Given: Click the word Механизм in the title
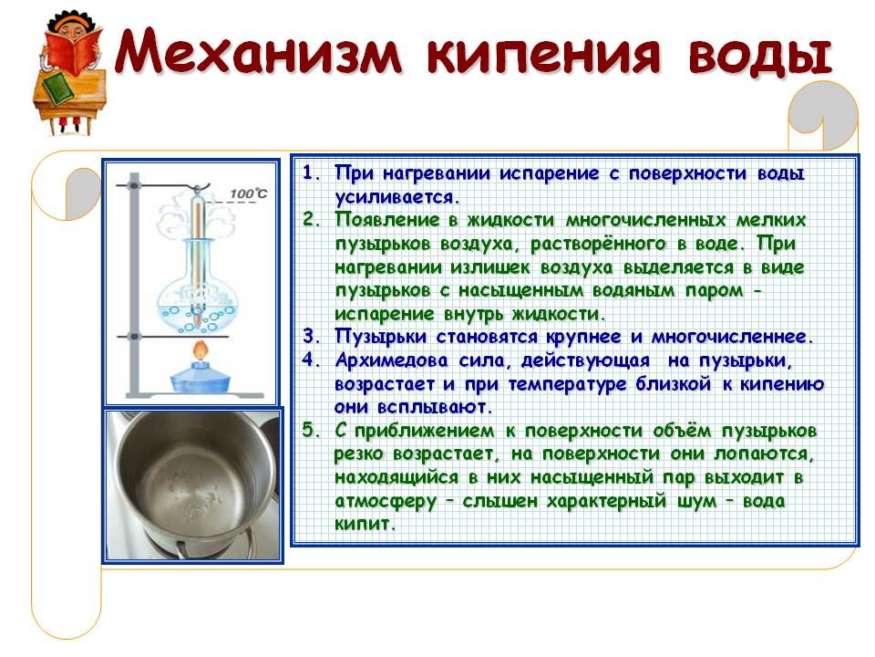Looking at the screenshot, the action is pyautogui.click(x=259, y=51).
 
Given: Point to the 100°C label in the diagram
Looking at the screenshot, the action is pyautogui.click(x=248, y=193).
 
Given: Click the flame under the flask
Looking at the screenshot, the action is pyautogui.click(x=201, y=350).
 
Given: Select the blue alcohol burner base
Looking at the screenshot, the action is pyautogui.click(x=200, y=378).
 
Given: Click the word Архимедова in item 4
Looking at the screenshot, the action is pyautogui.click(x=391, y=360).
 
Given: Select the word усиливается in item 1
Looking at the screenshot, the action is pyautogui.click(x=396, y=197).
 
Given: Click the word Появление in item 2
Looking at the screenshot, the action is pyautogui.click(x=387, y=220).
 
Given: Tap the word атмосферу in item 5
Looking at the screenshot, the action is pyautogui.click(x=386, y=501).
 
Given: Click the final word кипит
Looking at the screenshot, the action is pyautogui.click(x=365, y=524).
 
